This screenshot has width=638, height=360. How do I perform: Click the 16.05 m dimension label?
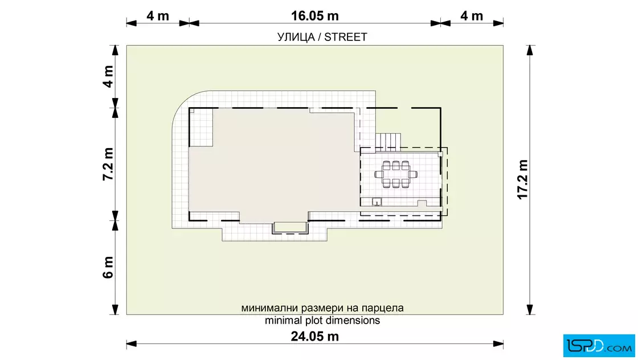click(314, 16)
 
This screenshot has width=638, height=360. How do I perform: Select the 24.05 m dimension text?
click(314, 337)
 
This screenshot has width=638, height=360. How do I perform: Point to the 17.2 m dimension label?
click(522, 179)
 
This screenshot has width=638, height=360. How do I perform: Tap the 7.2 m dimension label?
click(108, 164)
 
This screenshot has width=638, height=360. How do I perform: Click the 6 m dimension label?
click(108, 267)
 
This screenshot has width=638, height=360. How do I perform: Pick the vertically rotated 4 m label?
click(108, 76)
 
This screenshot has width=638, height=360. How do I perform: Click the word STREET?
click(345, 37)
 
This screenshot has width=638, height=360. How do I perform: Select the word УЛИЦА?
click(296, 38)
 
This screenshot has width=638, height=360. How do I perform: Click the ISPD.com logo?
click(599, 346)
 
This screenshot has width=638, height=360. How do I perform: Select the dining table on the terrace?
click(396, 174)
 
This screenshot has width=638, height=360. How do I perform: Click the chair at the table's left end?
click(379, 174)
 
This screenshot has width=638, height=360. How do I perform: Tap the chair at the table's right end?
click(413, 174)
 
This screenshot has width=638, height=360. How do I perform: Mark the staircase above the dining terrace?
click(388, 142)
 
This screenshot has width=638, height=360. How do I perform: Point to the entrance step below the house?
click(290, 228)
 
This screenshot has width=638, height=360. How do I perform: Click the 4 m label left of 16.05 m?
click(158, 16)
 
